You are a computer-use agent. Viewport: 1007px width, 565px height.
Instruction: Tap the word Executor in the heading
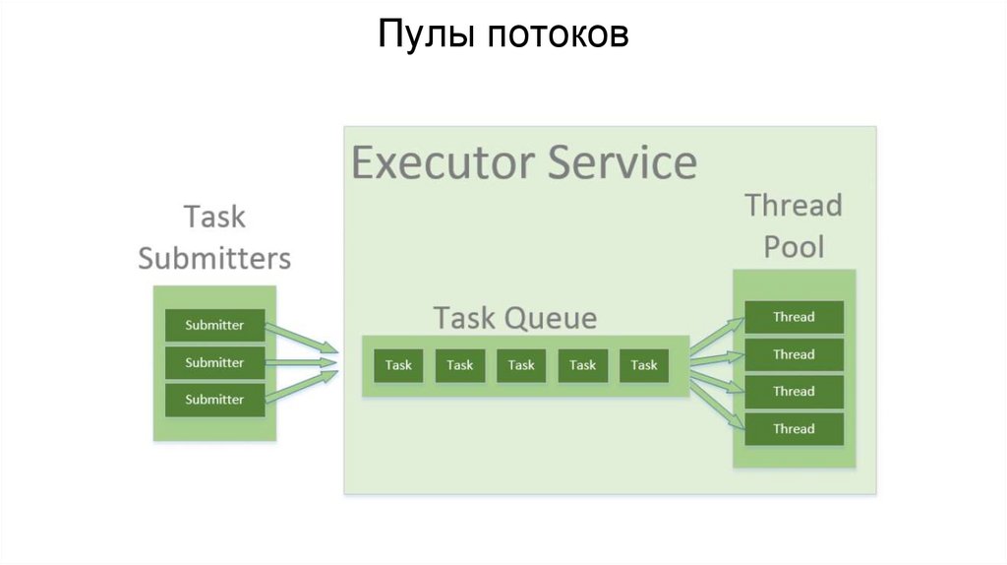(441, 161)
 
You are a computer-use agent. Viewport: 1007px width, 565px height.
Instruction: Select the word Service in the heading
(622, 161)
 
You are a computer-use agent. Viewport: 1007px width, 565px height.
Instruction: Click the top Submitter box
(214, 326)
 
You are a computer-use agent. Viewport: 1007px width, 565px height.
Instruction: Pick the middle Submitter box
(214, 362)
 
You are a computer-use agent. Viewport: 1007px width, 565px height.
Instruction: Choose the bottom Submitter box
(214, 400)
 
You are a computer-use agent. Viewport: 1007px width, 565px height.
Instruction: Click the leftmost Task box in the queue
(398, 365)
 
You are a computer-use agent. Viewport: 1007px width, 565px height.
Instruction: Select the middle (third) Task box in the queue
(521, 365)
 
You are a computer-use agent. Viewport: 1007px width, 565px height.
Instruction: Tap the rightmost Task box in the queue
(644, 365)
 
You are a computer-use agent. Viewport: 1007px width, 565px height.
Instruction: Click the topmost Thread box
(794, 317)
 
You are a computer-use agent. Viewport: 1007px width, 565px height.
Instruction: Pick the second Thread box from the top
(794, 354)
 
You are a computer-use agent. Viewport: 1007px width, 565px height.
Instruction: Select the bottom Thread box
(794, 429)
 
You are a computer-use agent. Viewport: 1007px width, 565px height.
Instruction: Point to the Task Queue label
(515, 318)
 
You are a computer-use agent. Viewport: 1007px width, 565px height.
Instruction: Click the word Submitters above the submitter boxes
(214, 258)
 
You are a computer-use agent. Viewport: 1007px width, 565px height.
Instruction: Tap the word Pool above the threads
(794, 246)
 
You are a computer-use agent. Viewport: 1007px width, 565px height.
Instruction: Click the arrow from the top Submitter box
(302, 338)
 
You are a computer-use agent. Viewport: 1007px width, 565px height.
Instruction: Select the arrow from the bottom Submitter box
(302, 387)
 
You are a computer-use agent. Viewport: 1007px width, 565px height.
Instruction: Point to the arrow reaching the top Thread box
(717, 334)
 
